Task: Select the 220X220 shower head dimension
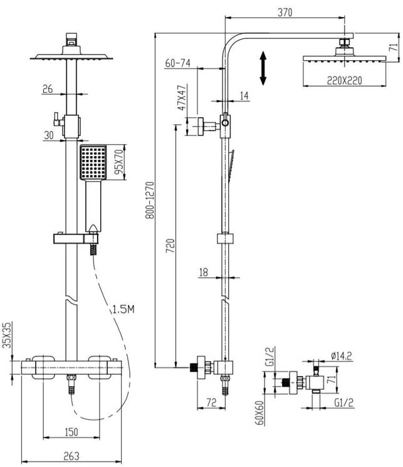344,80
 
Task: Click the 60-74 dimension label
178,63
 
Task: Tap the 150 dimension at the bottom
71,431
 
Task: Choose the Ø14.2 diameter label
341,357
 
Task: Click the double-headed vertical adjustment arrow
264,68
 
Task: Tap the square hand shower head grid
93,161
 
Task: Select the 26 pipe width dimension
47,89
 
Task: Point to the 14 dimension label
244,95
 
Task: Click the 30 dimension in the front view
49,134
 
